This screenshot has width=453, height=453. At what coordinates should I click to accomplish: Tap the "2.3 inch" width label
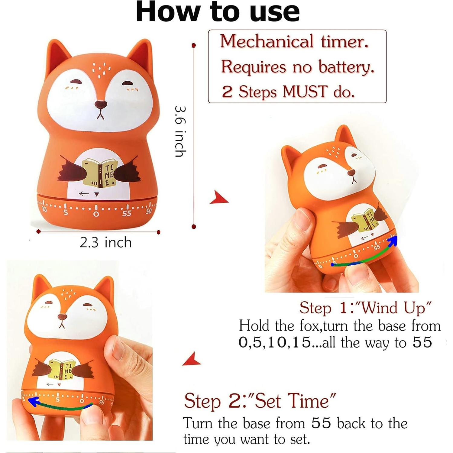click(x=105, y=242)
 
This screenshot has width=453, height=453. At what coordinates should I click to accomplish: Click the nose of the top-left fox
click(x=101, y=105)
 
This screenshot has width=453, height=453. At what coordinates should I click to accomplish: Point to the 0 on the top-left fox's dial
click(x=96, y=214)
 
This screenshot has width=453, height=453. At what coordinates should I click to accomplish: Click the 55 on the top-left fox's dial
click(x=127, y=213)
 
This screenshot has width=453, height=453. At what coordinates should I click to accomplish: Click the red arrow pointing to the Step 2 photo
click(x=192, y=359)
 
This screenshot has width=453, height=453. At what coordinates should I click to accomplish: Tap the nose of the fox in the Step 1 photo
click(x=351, y=173)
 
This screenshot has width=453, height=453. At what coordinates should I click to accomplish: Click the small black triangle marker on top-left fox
click(x=97, y=194)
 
